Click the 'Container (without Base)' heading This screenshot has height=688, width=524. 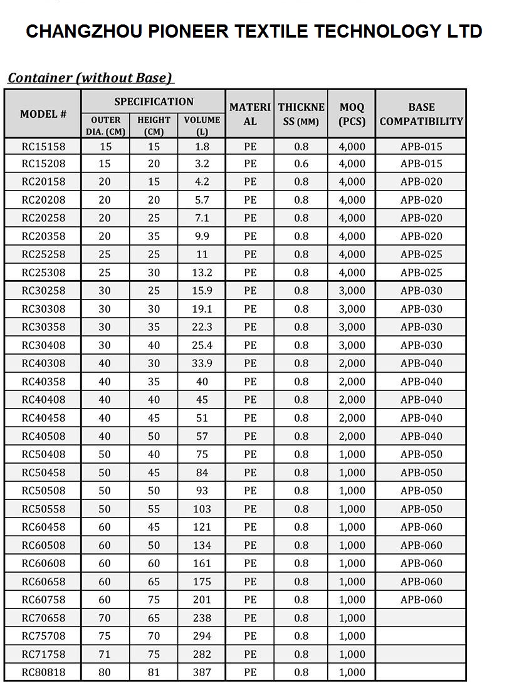(x=90, y=78)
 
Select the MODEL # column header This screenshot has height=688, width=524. (x=43, y=114)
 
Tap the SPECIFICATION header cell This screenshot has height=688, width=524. (x=154, y=102)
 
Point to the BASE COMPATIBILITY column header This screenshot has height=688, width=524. (x=421, y=114)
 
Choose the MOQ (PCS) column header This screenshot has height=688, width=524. (x=352, y=114)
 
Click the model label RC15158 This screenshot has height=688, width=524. (x=43, y=147)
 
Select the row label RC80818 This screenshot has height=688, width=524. (x=43, y=672)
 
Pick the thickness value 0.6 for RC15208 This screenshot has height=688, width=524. (x=301, y=164)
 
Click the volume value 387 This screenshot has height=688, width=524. (x=202, y=672)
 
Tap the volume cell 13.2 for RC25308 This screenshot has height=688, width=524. (x=202, y=273)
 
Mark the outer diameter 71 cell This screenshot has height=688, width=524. (x=105, y=654)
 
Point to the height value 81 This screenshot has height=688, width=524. (x=154, y=672)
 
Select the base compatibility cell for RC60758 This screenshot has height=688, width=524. (x=421, y=600)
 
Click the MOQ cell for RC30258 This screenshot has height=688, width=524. (x=352, y=291)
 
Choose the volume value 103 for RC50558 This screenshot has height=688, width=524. (x=202, y=509)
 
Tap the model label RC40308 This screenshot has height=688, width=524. (x=43, y=363)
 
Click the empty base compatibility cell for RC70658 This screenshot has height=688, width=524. (x=421, y=618)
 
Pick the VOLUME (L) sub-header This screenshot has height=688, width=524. (x=202, y=125)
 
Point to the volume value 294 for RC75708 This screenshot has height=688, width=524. (x=202, y=636)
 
